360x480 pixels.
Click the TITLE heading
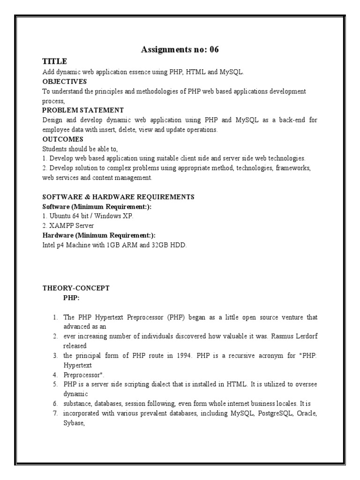[x=54, y=61]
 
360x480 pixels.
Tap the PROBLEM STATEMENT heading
[x=83, y=110]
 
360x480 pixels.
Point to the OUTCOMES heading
[x=63, y=139]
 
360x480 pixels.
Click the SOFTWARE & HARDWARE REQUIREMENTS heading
[x=118, y=197]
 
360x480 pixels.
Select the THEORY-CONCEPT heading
[x=76, y=288]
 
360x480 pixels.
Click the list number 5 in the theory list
[x=55, y=384]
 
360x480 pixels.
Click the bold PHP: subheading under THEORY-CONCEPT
[x=71, y=298]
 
